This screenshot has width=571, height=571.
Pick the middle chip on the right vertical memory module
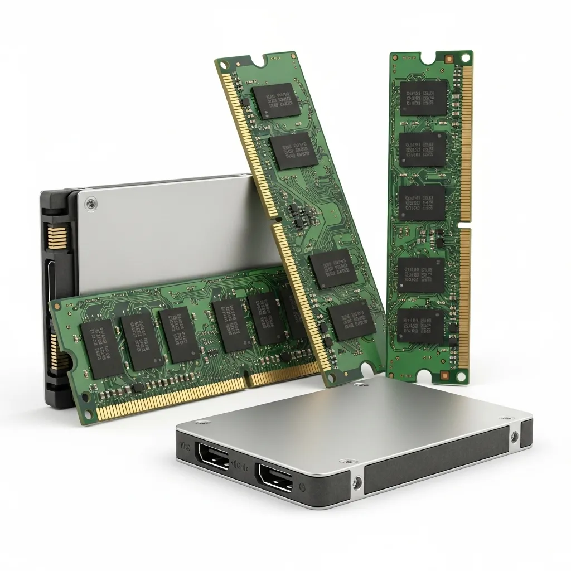click(x=422, y=202)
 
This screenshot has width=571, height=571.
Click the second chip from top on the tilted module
click(x=294, y=150)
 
